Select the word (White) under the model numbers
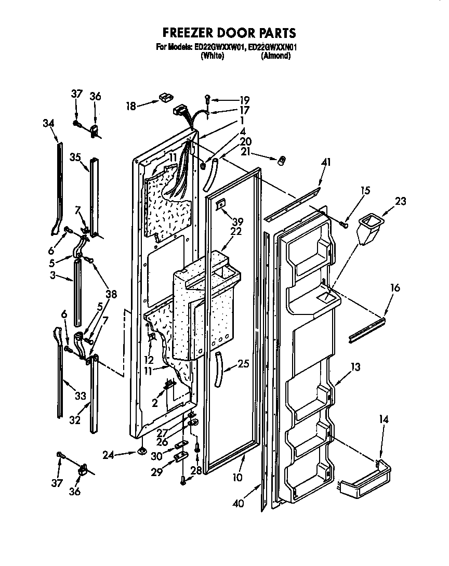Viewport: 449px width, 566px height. pos(212,56)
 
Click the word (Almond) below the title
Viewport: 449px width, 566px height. pos(275,56)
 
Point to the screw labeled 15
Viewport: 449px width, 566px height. pos(344,223)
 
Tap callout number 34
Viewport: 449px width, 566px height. pos(48,123)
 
